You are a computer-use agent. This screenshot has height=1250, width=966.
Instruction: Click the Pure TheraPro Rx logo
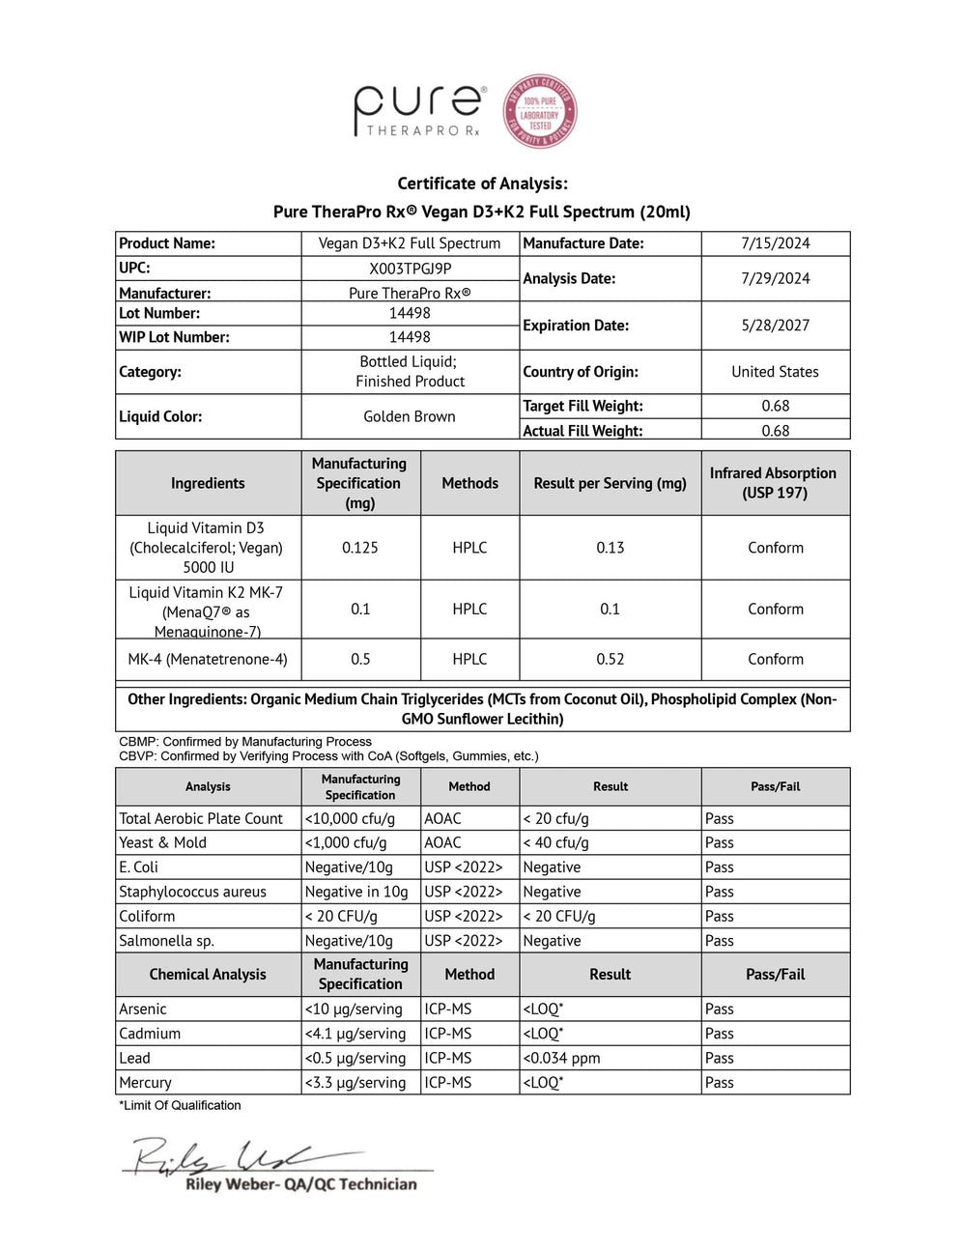click(418, 110)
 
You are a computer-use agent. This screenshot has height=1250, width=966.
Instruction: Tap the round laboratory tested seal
click(540, 112)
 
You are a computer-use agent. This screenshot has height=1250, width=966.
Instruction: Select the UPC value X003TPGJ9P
click(410, 269)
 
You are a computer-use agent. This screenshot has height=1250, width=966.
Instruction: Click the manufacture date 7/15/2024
click(775, 243)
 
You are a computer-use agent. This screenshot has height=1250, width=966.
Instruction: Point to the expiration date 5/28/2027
click(775, 326)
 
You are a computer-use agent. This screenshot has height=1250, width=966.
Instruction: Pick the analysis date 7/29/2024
click(775, 278)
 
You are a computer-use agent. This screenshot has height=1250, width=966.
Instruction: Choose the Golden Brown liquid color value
click(410, 416)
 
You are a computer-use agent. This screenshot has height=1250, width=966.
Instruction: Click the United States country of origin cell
click(775, 372)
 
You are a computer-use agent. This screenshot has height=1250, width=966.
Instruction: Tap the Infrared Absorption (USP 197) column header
click(773, 483)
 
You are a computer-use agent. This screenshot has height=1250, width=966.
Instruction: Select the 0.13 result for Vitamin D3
click(610, 548)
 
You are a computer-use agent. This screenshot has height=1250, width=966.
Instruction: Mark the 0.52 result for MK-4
click(610, 659)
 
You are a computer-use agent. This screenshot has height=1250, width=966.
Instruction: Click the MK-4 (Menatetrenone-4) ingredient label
click(208, 659)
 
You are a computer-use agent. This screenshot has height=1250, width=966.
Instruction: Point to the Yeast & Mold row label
click(162, 842)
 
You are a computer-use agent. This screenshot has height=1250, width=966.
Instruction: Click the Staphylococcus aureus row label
click(192, 892)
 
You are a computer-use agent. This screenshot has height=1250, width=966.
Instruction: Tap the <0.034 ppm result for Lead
click(561, 1058)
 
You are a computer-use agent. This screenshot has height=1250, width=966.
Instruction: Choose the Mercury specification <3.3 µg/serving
click(355, 1083)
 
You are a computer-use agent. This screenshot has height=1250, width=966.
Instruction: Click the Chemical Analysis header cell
click(208, 974)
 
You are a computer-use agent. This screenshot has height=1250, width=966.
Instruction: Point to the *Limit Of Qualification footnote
click(180, 1105)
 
